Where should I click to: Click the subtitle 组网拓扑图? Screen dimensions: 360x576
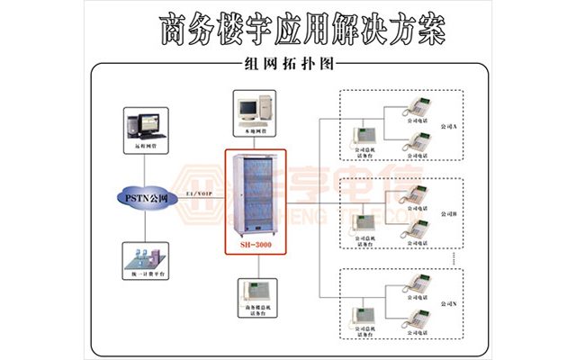[288, 65]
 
